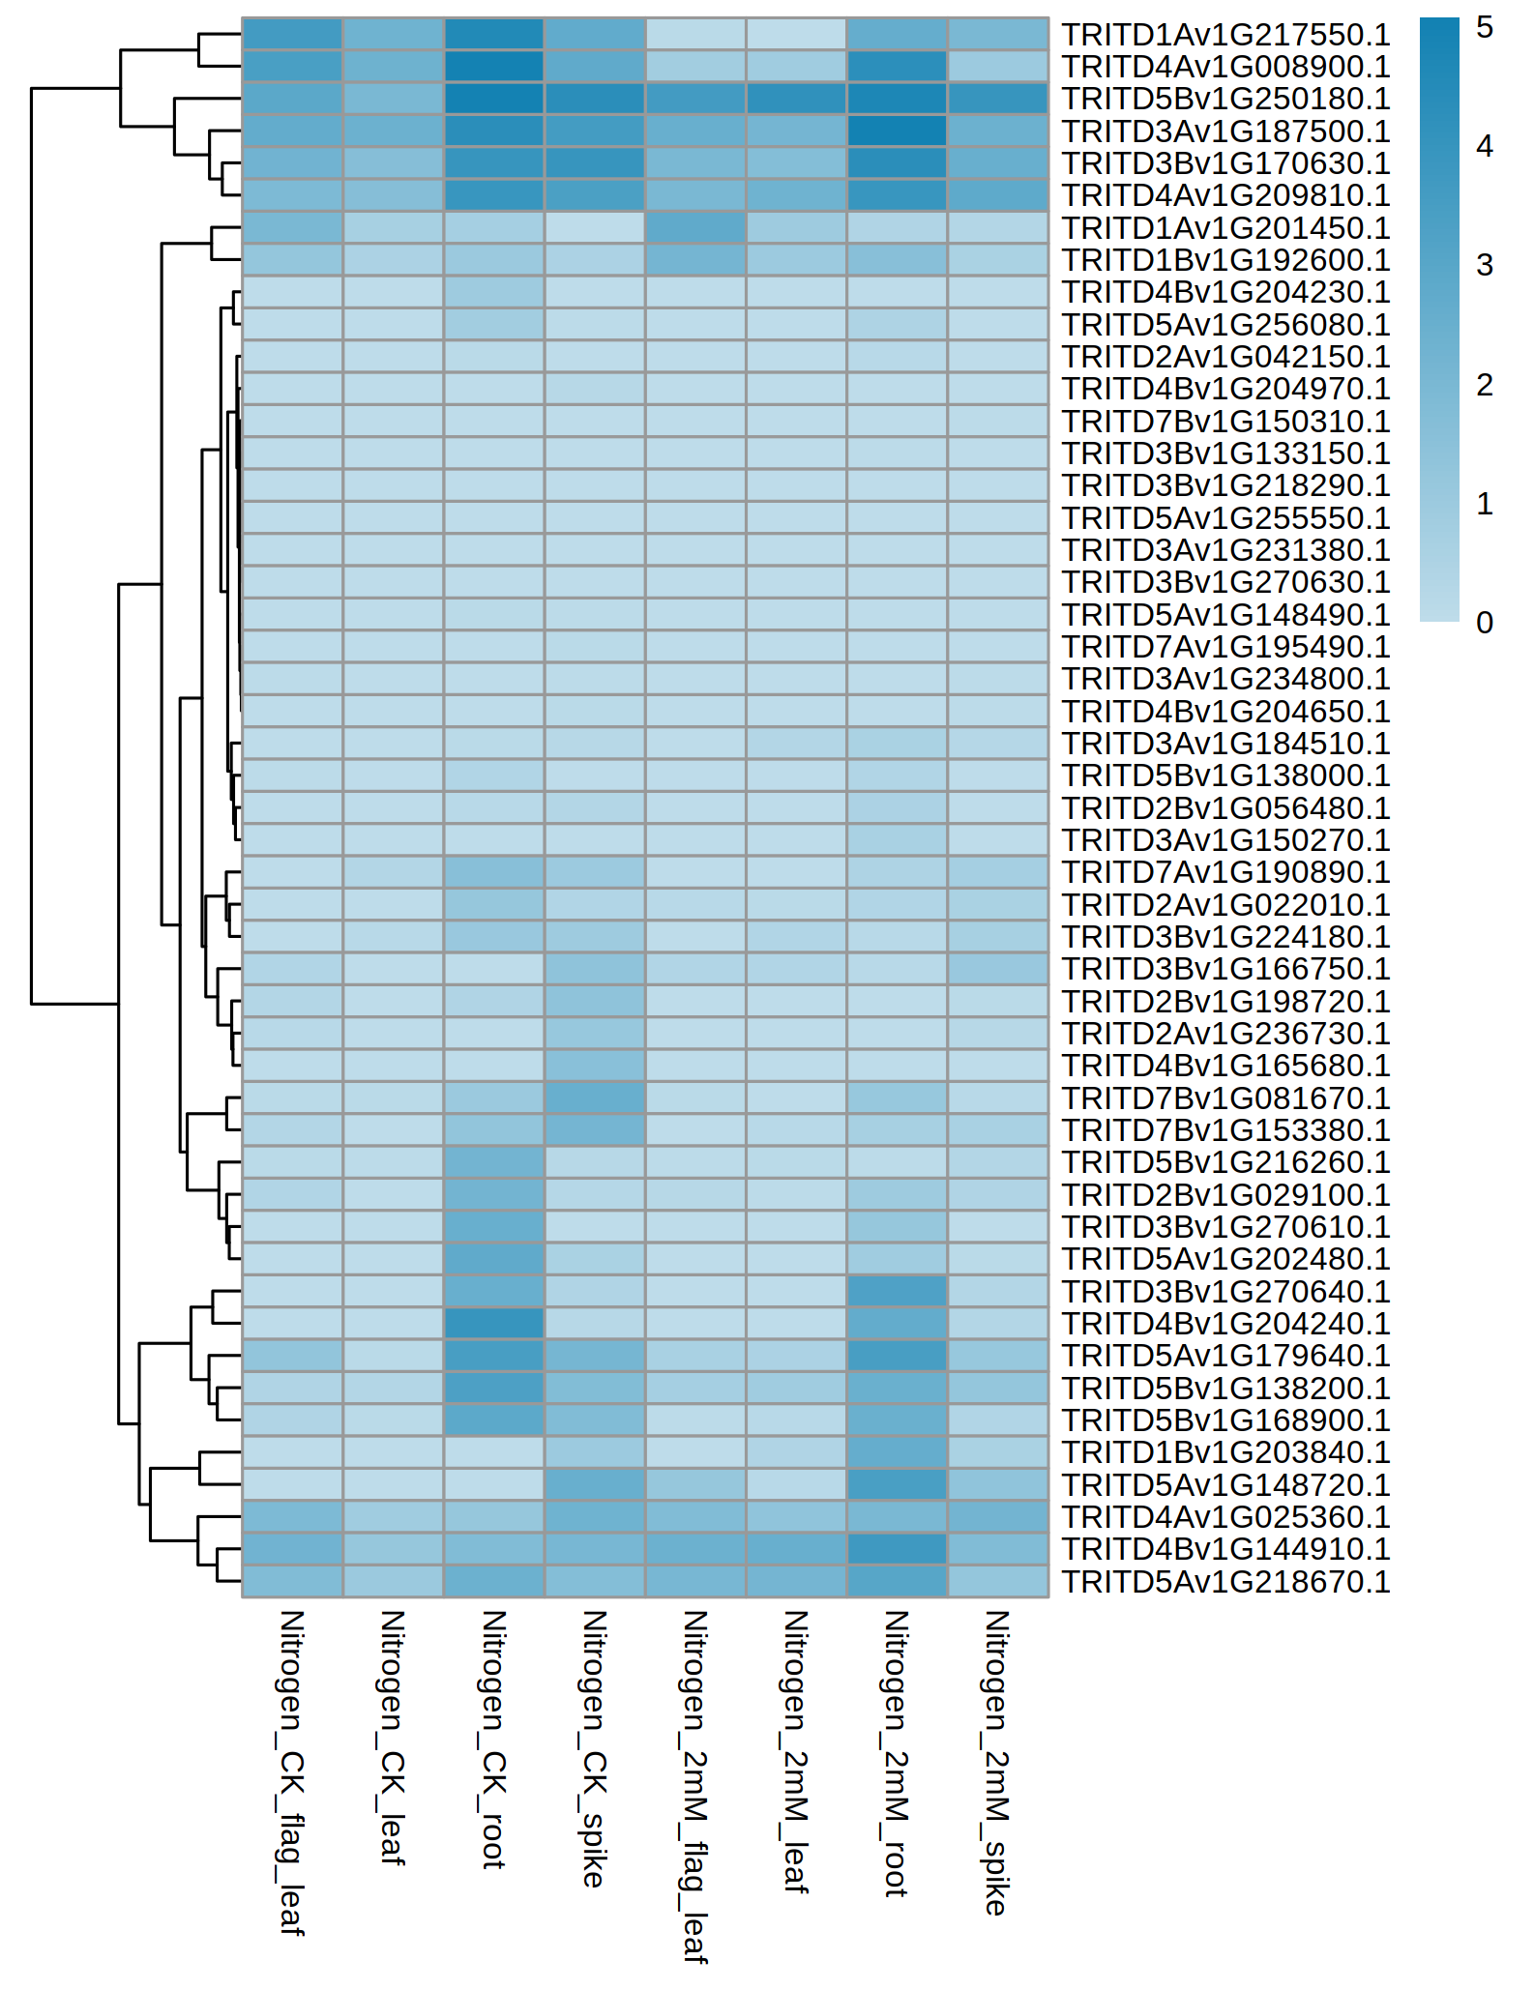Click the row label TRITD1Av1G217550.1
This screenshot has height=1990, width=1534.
1225,35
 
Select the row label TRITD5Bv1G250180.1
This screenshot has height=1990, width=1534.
1225,99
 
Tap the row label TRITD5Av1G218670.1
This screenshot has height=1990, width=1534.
1225,1581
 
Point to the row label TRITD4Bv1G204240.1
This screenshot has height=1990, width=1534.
1225,1324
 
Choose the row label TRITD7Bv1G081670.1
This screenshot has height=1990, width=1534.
1225,1098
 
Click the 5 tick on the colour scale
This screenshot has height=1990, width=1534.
1485,28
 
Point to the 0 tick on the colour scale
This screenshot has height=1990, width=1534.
1485,623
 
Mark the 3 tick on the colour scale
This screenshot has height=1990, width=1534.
1485,266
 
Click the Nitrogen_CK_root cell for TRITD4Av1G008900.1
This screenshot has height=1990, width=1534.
493,67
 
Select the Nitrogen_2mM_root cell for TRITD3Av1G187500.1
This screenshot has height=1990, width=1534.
896,131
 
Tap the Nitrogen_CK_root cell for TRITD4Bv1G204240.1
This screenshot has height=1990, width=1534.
493,1324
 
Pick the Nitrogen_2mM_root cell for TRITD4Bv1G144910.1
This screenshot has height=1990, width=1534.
896,1549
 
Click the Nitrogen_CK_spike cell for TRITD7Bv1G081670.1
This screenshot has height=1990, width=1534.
594,1098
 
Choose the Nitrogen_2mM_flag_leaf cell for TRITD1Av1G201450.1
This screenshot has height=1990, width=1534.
694,228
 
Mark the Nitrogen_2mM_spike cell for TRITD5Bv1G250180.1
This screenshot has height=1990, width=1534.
996,99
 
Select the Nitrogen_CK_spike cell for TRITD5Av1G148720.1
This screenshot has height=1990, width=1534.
594,1484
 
